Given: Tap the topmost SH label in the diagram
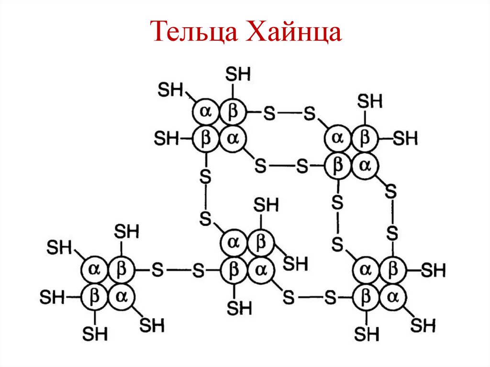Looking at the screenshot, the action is pyautogui.click(x=238, y=74).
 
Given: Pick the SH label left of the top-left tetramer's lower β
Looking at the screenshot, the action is pyautogui.click(x=166, y=139).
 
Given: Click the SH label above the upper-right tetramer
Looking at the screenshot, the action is pyautogui.click(x=370, y=101).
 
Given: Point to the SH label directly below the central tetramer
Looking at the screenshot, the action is pyautogui.click(x=239, y=308).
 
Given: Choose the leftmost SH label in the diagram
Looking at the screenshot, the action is pyautogui.click(x=52, y=297).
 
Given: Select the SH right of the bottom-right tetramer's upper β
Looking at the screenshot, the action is pyautogui.click(x=434, y=271).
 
